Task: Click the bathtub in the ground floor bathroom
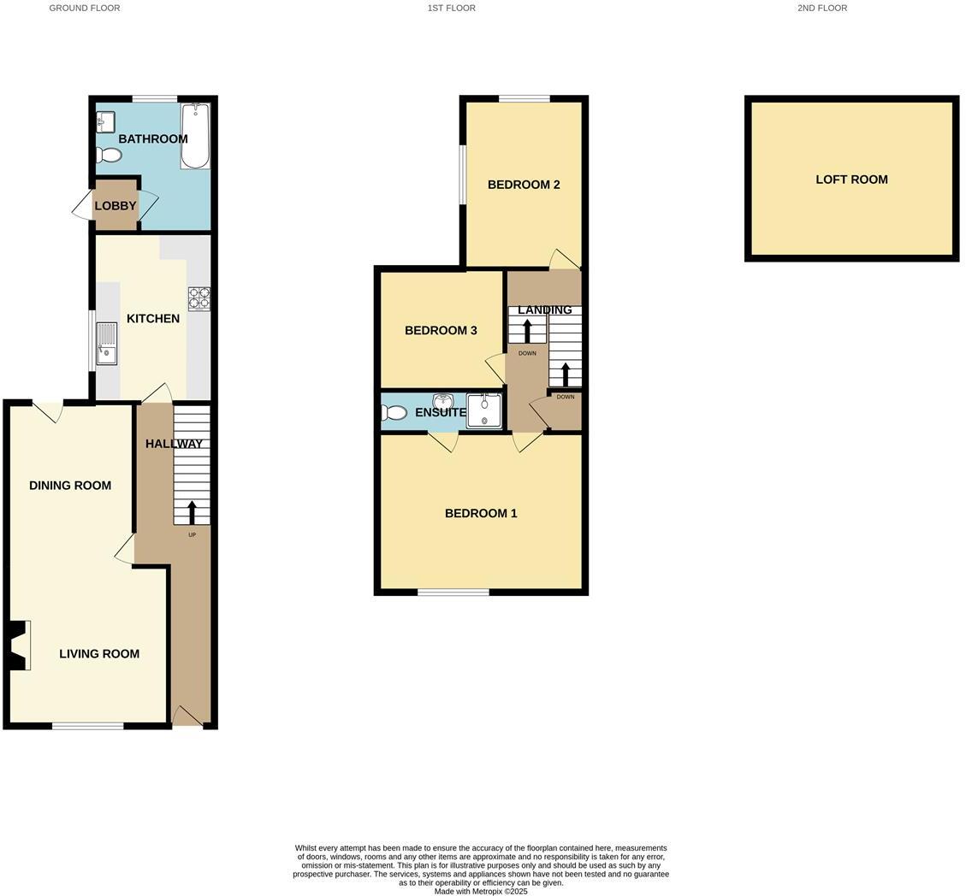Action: pyautogui.click(x=195, y=136)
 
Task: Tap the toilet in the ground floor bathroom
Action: pyautogui.click(x=109, y=155)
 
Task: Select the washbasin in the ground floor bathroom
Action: pyautogui.click(x=106, y=123)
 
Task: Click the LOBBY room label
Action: pyautogui.click(x=116, y=206)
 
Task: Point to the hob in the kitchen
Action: pyautogui.click(x=199, y=298)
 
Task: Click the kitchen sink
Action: pyautogui.click(x=107, y=343)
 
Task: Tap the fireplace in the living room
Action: pyautogui.click(x=19, y=645)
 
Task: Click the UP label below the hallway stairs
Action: pyautogui.click(x=192, y=535)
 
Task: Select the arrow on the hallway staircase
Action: pyautogui.click(x=192, y=512)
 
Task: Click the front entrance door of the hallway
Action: pyautogui.click(x=187, y=716)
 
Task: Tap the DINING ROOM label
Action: pyautogui.click(x=70, y=486)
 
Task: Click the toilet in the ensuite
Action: pyautogui.click(x=394, y=413)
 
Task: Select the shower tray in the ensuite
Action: pyautogui.click(x=484, y=411)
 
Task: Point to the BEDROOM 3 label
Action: pyautogui.click(x=441, y=331)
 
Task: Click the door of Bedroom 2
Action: pyautogui.click(x=565, y=259)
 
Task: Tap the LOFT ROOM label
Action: pyautogui.click(x=851, y=180)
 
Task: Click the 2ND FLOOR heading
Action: pyautogui.click(x=821, y=8)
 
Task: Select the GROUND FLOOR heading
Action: pyautogui.click(x=85, y=8)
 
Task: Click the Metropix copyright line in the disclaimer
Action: pyautogui.click(x=481, y=891)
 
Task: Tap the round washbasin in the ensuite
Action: pyautogui.click(x=443, y=402)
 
